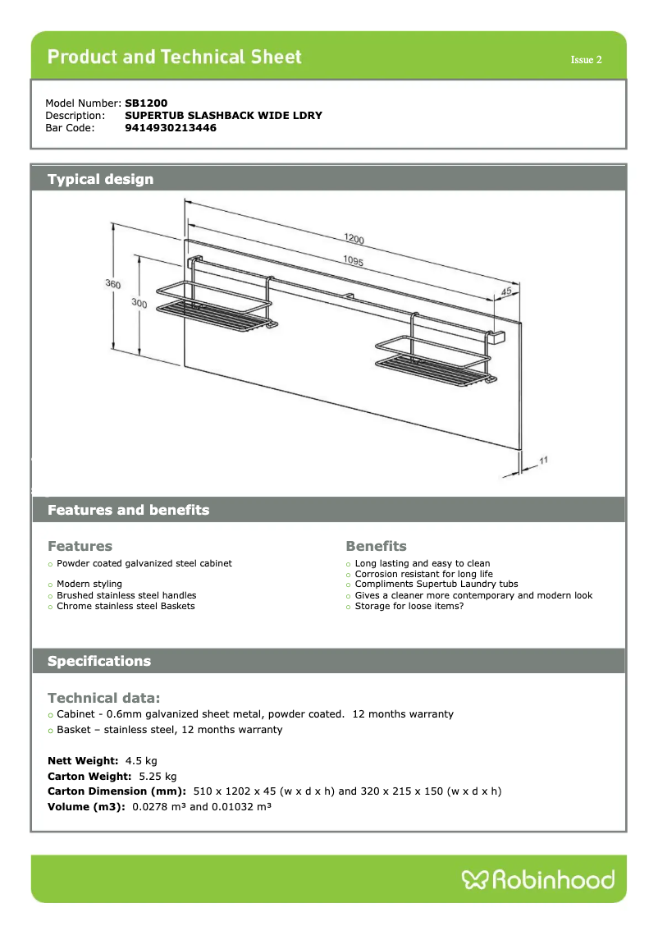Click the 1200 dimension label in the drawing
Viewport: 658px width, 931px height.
(x=354, y=240)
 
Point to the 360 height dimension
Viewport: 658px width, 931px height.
(x=113, y=284)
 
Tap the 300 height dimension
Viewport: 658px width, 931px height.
(x=139, y=304)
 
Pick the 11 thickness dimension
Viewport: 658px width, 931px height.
(x=543, y=461)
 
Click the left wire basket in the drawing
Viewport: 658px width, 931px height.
(x=212, y=308)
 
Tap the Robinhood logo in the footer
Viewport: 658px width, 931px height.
(x=538, y=880)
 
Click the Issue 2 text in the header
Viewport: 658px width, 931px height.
(x=587, y=60)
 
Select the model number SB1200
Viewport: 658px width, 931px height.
(x=146, y=103)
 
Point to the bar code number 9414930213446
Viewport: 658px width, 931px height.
(x=171, y=127)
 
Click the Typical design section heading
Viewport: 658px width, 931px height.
(x=100, y=179)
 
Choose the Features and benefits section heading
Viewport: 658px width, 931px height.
(x=128, y=510)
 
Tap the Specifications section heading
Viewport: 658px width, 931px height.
(x=99, y=661)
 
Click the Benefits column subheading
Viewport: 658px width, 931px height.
(x=376, y=546)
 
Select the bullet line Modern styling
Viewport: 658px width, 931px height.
(x=89, y=585)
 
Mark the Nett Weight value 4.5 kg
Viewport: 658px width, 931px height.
(x=141, y=761)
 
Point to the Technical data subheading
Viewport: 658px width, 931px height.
(x=103, y=698)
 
